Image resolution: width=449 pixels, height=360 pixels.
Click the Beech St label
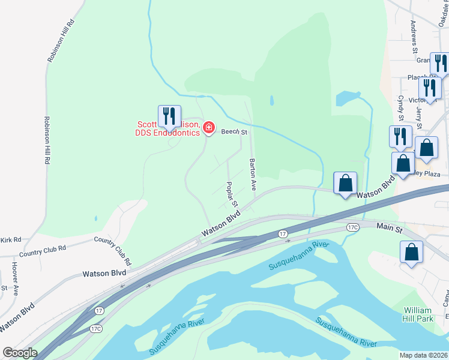coord(234,131)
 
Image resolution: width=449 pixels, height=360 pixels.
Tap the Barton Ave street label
coord(253,175)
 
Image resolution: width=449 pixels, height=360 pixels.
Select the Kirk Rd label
coord(10,239)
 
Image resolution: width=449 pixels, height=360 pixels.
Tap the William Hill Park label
coord(418,314)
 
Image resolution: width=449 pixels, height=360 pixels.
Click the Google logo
coord(20,353)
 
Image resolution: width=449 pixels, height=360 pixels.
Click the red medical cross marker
coord(209,127)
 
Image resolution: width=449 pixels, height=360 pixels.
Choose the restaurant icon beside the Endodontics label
coord(169,115)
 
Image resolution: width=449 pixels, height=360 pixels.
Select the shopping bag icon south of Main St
coord(412,252)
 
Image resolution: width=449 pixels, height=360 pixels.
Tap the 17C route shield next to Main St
coord(352,227)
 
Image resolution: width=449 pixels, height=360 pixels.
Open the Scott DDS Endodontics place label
coord(167,128)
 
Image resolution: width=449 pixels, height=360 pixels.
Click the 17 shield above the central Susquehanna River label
coord(283,233)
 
